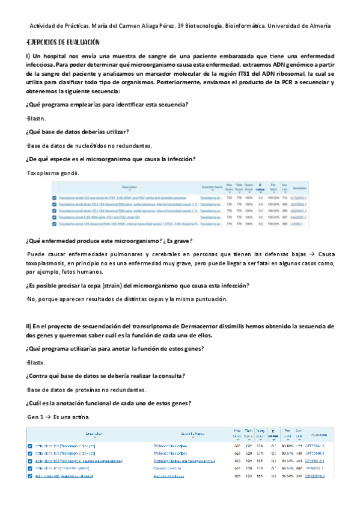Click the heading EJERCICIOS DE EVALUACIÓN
pyautogui.click(x=63, y=42)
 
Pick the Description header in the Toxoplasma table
pyautogui.click(x=129, y=188)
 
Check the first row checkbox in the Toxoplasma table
pyautogui.click(x=55, y=197)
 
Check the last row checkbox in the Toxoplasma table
pyautogui.click(x=55, y=224)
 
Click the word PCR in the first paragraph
pyautogui.click(x=275, y=82)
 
